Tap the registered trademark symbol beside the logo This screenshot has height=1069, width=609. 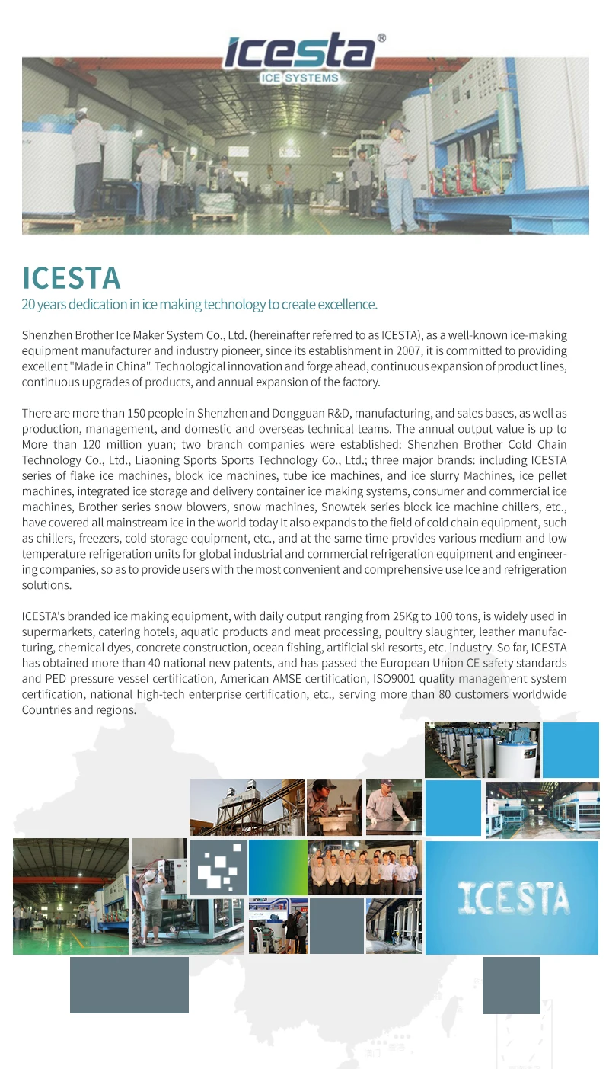pyautogui.click(x=381, y=37)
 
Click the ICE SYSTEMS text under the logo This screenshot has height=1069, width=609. pyautogui.click(x=300, y=78)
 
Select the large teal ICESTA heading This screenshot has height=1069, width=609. pyautogui.click(x=71, y=277)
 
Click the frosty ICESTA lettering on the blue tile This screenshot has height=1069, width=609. pyautogui.click(x=512, y=898)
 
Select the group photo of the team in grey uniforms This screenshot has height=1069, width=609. pyautogui.click(x=365, y=867)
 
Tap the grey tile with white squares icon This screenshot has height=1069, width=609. pyautogui.click(x=218, y=867)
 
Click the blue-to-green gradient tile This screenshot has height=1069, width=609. pyautogui.click(x=278, y=867)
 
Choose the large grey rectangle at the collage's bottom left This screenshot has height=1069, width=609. pyautogui.click(x=129, y=984)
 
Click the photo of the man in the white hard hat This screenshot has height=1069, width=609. pyautogui.click(x=159, y=896)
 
